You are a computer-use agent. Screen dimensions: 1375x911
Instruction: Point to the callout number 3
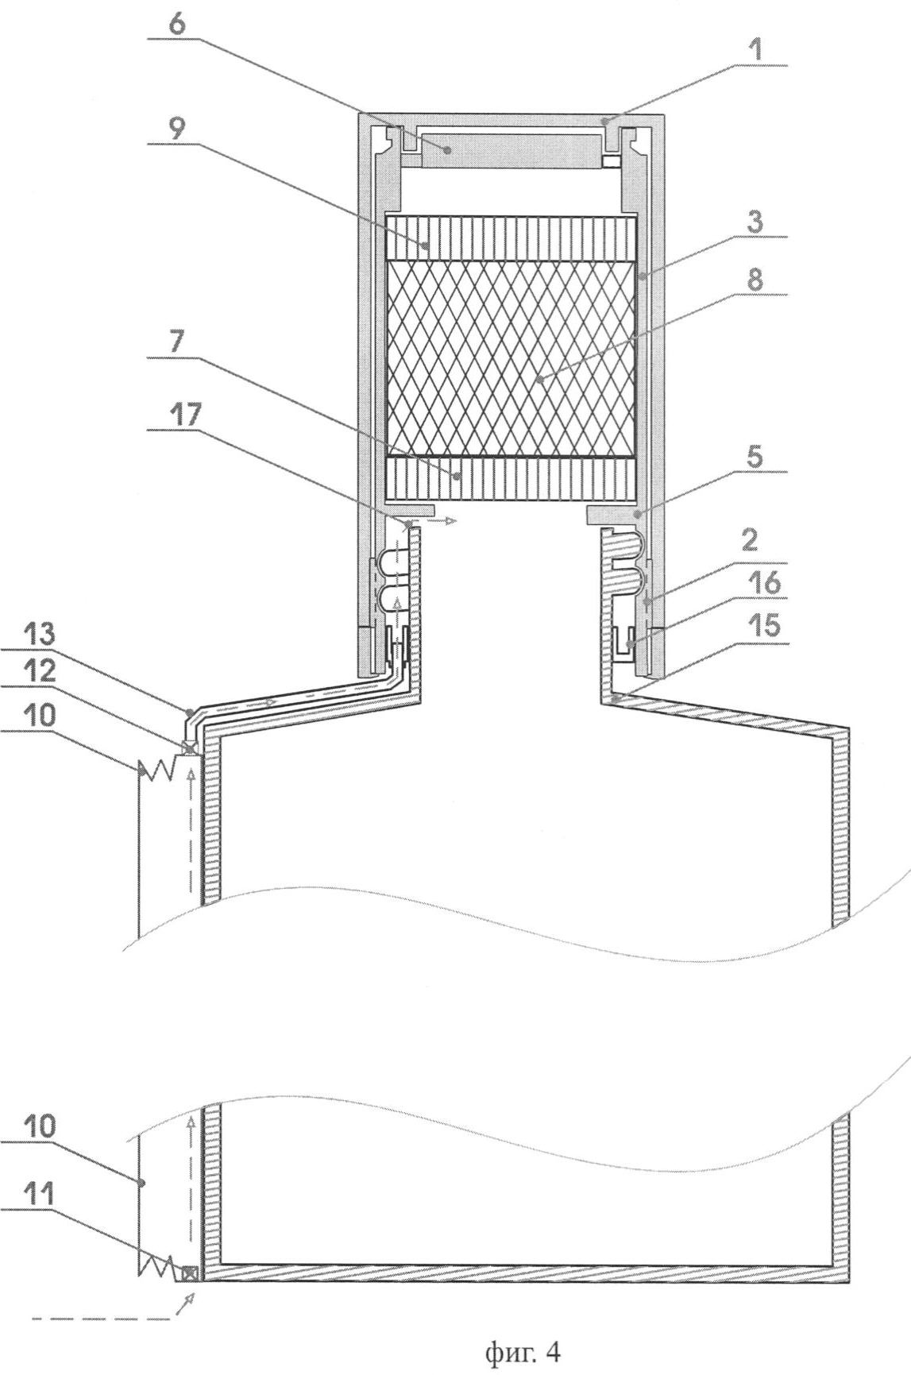pos(756,223)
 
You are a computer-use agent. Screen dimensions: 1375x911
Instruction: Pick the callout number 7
pos(176,343)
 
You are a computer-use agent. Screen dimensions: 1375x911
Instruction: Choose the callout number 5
pos(756,458)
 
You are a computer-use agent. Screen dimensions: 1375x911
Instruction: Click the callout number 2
pos(756,543)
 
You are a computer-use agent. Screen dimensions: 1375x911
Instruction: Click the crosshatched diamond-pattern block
pos(511,359)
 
